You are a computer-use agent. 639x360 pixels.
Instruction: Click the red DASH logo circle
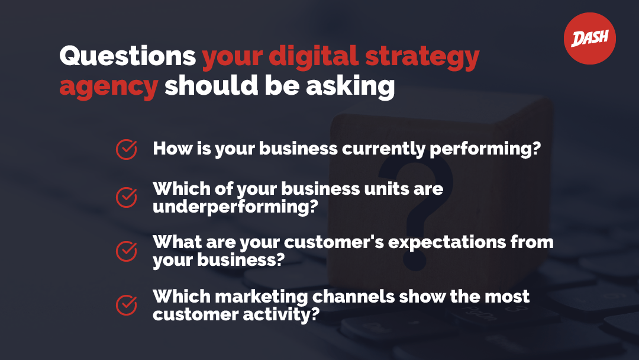(x=590, y=38)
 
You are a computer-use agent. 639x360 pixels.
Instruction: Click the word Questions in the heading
(x=128, y=56)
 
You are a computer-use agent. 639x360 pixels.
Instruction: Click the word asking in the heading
(x=350, y=86)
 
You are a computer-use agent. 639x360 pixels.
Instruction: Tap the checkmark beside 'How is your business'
(x=127, y=149)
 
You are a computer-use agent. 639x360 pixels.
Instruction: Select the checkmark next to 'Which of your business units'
(x=127, y=197)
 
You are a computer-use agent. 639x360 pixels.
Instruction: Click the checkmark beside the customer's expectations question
(x=127, y=250)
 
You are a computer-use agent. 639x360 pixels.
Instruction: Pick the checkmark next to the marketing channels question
(x=127, y=305)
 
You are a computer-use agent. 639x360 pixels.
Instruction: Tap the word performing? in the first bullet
(x=485, y=149)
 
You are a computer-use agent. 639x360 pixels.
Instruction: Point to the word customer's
(x=334, y=242)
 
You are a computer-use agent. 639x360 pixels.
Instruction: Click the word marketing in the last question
(x=262, y=297)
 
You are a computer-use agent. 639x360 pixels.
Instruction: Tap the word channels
(x=353, y=297)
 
